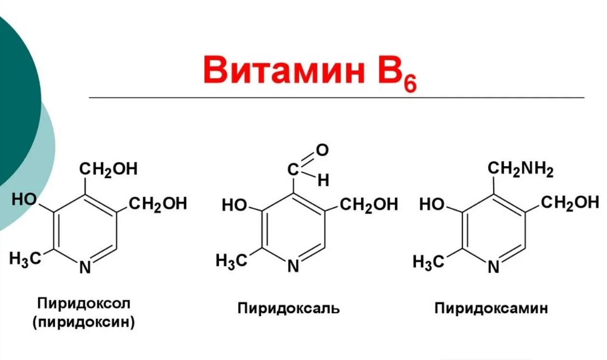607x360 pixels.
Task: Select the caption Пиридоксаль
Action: click(x=288, y=308)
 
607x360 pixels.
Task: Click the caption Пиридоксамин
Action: click(x=491, y=308)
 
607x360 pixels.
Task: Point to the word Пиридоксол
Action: click(x=84, y=304)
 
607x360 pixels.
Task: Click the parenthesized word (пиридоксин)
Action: click(x=84, y=322)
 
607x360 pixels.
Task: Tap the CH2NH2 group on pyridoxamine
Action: click(x=521, y=169)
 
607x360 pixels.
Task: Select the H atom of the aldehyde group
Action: click(x=323, y=181)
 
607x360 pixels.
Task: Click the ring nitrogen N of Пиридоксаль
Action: click(x=293, y=267)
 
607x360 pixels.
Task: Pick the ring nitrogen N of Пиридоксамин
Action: click(x=493, y=267)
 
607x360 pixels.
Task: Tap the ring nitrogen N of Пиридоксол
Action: click(x=85, y=267)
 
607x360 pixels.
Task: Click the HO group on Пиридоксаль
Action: click(x=234, y=205)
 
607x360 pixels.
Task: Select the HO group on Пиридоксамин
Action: click(x=432, y=205)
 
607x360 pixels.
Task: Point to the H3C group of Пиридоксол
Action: click(x=25, y=258)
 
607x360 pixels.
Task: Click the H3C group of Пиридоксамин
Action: click(x=428, y=262)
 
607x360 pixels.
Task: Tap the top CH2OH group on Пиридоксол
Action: click(x=108, y=169)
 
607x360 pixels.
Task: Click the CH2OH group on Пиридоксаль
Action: click(x=369, y=205)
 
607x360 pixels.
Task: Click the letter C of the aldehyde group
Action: click(x=294, y=169)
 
